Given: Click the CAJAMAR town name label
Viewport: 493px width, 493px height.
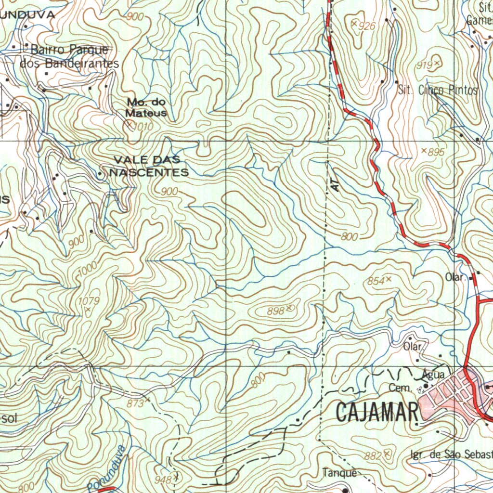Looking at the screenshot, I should pos(376,413).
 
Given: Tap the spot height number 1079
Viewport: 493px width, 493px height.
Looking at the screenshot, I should pos(88,302).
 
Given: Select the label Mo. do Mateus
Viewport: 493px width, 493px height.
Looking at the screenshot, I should pos(146,108).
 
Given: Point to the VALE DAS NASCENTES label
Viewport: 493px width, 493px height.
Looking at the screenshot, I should pos(150,166).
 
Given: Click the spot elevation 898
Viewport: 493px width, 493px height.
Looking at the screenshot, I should pos(276,311).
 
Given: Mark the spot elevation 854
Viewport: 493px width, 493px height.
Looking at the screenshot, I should pos(376,281).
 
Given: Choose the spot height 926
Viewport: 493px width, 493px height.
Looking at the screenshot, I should pos(367,26).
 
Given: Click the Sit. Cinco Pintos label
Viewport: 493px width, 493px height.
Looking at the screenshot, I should pos(438,90).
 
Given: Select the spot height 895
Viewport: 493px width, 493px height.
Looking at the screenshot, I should pos(436,152).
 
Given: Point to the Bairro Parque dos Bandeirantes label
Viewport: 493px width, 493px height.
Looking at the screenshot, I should pos(70,56).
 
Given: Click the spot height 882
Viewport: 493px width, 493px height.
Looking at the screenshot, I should pos(374,455).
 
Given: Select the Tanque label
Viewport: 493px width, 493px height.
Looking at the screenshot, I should pos(340,473).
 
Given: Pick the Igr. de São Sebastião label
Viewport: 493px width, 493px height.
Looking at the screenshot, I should pos(451,455).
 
